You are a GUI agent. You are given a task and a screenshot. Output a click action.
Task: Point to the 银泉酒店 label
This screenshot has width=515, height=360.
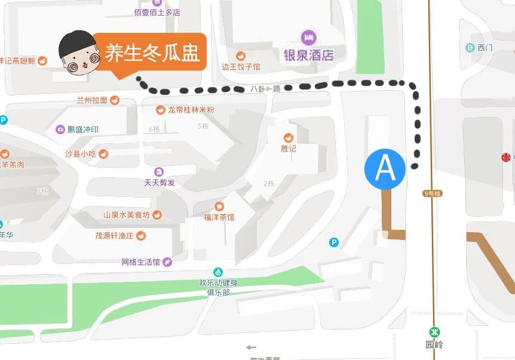pyautogui.click(x=308, y=55)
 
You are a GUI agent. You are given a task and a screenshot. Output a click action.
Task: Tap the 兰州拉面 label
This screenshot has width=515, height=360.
pyautogui.click(x=92, y=100)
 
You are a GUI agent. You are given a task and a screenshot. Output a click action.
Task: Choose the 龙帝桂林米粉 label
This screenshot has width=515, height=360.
pyautogui.click(x=191, y=110)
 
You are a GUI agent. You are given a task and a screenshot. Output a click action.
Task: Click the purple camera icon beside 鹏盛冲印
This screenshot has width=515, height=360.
pyautogui.click(x=60, y=130)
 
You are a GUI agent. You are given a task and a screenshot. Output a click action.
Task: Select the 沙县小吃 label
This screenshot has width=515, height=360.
pyautogui.click(x=81, y=153)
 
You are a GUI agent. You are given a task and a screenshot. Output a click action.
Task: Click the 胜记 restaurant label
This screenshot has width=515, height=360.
pyautogui.click(x=289, y=148)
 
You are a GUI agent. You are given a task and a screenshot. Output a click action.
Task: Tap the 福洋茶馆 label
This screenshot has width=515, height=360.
pyautogui.click(x=219, y=217)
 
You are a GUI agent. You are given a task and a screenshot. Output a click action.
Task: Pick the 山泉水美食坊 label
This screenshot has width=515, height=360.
pyautogui.click(x=127, y=215)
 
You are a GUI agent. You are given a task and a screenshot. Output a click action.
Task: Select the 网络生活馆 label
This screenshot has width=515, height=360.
pyautogui.click(x=141, y=261)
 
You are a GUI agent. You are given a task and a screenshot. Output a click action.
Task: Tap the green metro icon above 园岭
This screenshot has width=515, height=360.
pyautogui.click(x=435, y=333)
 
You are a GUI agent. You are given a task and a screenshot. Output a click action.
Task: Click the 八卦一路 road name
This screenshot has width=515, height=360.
pyautogui.click(x=265, y=88)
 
